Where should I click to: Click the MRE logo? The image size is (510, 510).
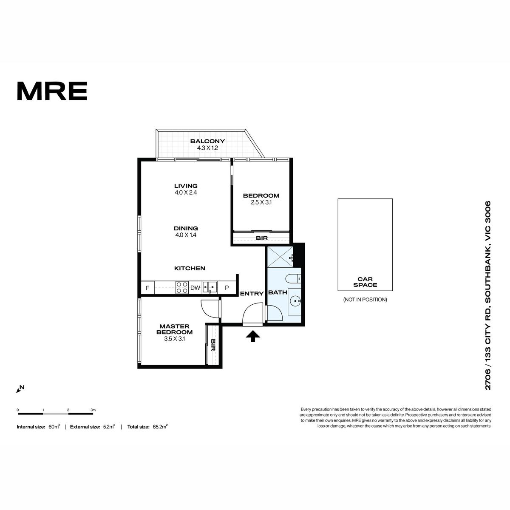coord(52,91)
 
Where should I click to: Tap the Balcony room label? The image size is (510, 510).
coord(207,141)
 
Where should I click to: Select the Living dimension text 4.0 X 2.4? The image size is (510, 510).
coord(186,193)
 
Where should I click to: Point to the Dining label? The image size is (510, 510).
coord(186,228)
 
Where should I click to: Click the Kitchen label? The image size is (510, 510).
coord(190,268)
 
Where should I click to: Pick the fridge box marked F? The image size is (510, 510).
coord(147,288)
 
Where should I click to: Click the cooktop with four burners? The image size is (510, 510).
coord(182,287)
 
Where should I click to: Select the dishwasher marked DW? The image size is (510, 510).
coord(195,288)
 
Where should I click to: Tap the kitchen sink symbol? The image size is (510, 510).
coord(210,287)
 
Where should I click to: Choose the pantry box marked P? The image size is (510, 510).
coord(227,288)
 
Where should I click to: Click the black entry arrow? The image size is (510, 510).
coord(253,336)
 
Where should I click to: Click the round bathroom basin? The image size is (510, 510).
coord(295,300)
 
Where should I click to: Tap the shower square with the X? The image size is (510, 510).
coord(280,257)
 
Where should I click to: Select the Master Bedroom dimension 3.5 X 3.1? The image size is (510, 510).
coord(174,339)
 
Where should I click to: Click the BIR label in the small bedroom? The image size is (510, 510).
coord(262,238)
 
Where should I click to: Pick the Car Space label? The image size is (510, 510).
coord(365,282)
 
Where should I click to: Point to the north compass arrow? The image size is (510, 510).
coord(20,389)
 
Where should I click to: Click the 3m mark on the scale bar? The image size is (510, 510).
coord(93,410)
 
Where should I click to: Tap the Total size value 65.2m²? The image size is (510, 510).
coord(160,427)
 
